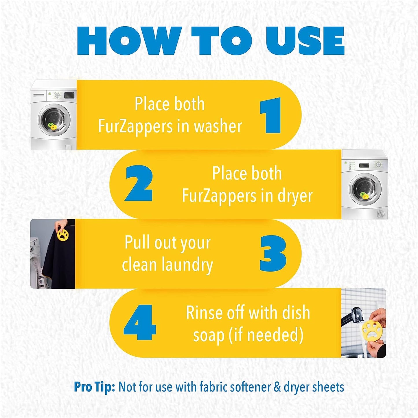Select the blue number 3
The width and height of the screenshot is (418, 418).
pyautogui.click(x=273, y=254)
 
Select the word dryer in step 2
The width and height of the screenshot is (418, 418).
pyautogui.click(x=295, y=196)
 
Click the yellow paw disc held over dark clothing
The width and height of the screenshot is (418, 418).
pyautogui.click(x=63, y=235)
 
